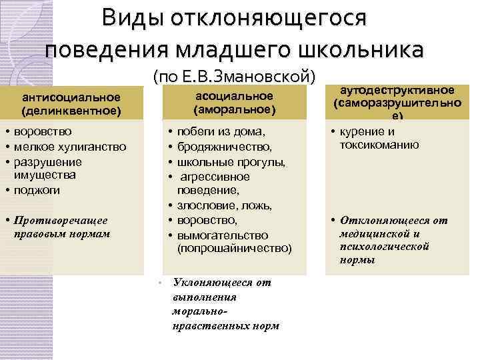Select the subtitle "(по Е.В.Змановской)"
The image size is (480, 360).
233,77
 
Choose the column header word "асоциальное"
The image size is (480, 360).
234,96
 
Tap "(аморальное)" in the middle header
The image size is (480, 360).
234,108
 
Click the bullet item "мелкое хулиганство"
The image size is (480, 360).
69,147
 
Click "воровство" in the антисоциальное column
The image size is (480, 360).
43,131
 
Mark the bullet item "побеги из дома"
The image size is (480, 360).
221,131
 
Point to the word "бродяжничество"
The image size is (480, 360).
225,147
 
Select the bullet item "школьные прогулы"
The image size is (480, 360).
231,161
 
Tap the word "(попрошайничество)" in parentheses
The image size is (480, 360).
234,249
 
